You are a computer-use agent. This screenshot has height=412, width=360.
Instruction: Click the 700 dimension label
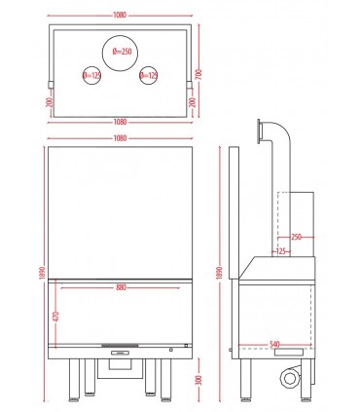pos(198,75)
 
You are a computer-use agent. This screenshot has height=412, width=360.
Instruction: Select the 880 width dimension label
pos(121,287)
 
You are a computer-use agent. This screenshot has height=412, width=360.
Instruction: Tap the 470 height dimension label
pos(55,317)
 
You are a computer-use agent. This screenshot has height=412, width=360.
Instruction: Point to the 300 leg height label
pos(199,380)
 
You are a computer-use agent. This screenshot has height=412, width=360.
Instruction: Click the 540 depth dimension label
pos(275,344)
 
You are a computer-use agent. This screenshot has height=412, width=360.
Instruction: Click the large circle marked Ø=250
pos(120,53)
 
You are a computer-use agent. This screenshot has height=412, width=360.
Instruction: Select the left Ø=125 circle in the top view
pos(90,76)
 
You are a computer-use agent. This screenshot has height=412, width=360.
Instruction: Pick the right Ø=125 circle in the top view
pos(149,76)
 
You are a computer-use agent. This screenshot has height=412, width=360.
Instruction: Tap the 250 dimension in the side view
pos(296,237)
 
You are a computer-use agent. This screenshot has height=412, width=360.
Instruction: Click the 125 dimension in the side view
pos(281,251)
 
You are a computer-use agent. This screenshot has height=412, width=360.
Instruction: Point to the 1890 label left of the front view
pos(43,273)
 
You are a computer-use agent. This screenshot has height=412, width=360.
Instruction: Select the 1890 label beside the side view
pos(220,273)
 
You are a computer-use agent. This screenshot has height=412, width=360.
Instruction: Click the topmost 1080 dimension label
pos(120,15)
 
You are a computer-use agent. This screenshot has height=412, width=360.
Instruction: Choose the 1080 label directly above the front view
pos(120,138)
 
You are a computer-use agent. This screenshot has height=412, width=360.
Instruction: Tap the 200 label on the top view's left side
pos(50,103)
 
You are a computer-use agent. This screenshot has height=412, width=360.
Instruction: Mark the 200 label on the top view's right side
pos(192,103)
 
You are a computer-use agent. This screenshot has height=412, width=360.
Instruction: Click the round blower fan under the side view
pos(289,378)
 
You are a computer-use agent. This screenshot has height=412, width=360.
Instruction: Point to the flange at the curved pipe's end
pos(259,131)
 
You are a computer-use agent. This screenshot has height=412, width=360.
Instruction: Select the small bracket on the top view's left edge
pos(51,85)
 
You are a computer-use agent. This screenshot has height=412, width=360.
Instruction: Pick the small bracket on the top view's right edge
pos(190,85)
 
